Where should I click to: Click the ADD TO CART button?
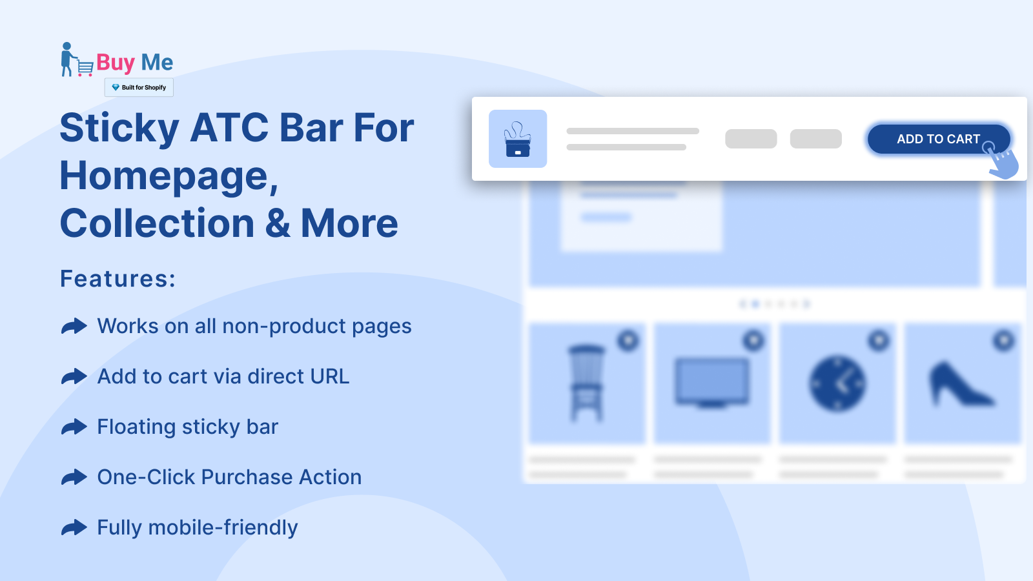pyautogui.click(x=939, y=139)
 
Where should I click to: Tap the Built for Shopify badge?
pyautogui.click(x=139, y=88)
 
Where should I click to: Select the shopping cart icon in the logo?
pyautogui.click(x=85, y=68)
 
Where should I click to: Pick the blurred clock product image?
pyautogui.click(x=837, y=383)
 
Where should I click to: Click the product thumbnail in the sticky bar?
pyautogui.click(x=518, y=139)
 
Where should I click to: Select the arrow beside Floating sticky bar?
pyautogui.click(x=74, y=427)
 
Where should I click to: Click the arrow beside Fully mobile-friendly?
pyautogui.click(x=74, y=527)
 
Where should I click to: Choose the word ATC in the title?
pyautogui.click(x=229, y=128)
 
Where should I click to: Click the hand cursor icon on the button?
pyautogui.click(x=1001, y=161)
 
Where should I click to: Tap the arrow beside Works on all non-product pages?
pyautogui.click(x=74, y=327)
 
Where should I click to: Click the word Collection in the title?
pyautogui.click(x=158, y=223)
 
